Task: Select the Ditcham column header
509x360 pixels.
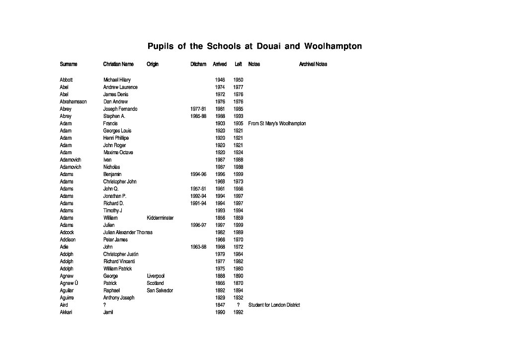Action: (198, 64)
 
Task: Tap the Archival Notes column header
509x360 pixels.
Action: (313, 64)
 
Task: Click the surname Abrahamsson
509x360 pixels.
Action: (73, 101)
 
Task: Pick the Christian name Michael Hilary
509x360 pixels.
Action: (117, 80)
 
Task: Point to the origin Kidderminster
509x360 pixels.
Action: (160, 218)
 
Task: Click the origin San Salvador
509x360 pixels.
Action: (160, 290)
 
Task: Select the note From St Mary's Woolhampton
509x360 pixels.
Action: (277, 123)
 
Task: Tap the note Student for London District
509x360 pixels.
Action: (274, 305)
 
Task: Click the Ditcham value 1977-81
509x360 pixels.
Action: (198, 109)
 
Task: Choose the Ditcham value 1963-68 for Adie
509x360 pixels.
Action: (198, 247)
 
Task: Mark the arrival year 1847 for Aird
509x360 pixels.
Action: (220, 305)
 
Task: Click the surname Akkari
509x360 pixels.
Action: (66, 312)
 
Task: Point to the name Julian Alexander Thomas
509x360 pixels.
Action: (128, 232)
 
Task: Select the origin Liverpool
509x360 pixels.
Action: (156, 276)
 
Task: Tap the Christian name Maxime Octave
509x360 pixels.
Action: (118, 152)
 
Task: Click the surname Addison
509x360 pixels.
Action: (68, 240)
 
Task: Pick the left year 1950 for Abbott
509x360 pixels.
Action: (238, 80)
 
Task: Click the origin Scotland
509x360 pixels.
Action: (155, 283)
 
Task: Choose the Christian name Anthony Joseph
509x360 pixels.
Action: (119, 297)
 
